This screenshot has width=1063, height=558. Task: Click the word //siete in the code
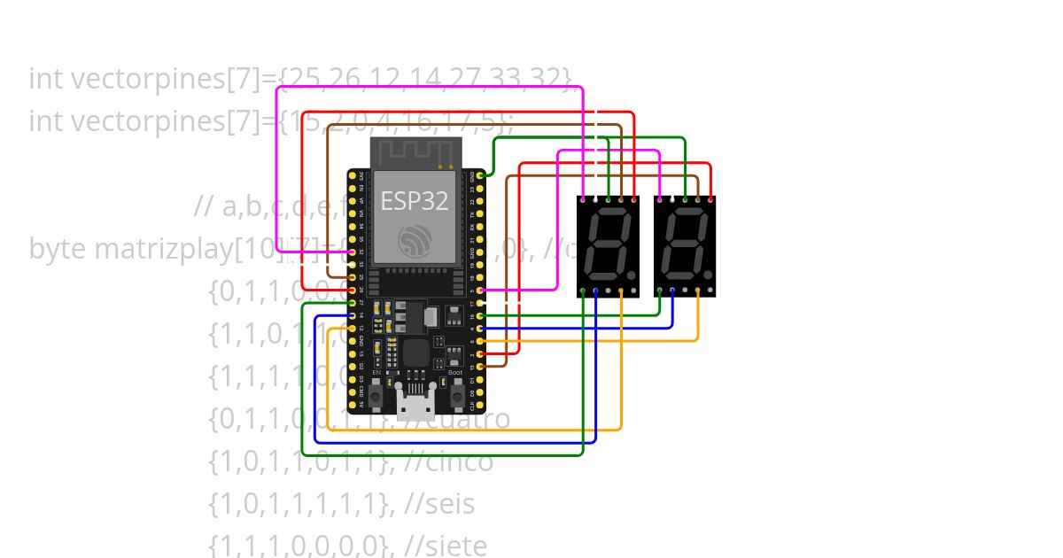click(x=445, y=546)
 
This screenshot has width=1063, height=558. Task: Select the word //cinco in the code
click(x=447, y=462)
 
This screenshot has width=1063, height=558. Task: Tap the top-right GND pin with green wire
click(x=480, y=176)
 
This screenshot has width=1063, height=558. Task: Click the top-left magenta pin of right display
click(x=659, y=199)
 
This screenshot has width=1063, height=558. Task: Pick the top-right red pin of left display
click(x=634, y=199)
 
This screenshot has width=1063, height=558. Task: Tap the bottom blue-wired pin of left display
click(x=595, y=291)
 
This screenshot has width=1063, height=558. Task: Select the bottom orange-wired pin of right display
click(x=698, y=291)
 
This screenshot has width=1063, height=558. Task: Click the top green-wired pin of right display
click(x=685, y=199)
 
